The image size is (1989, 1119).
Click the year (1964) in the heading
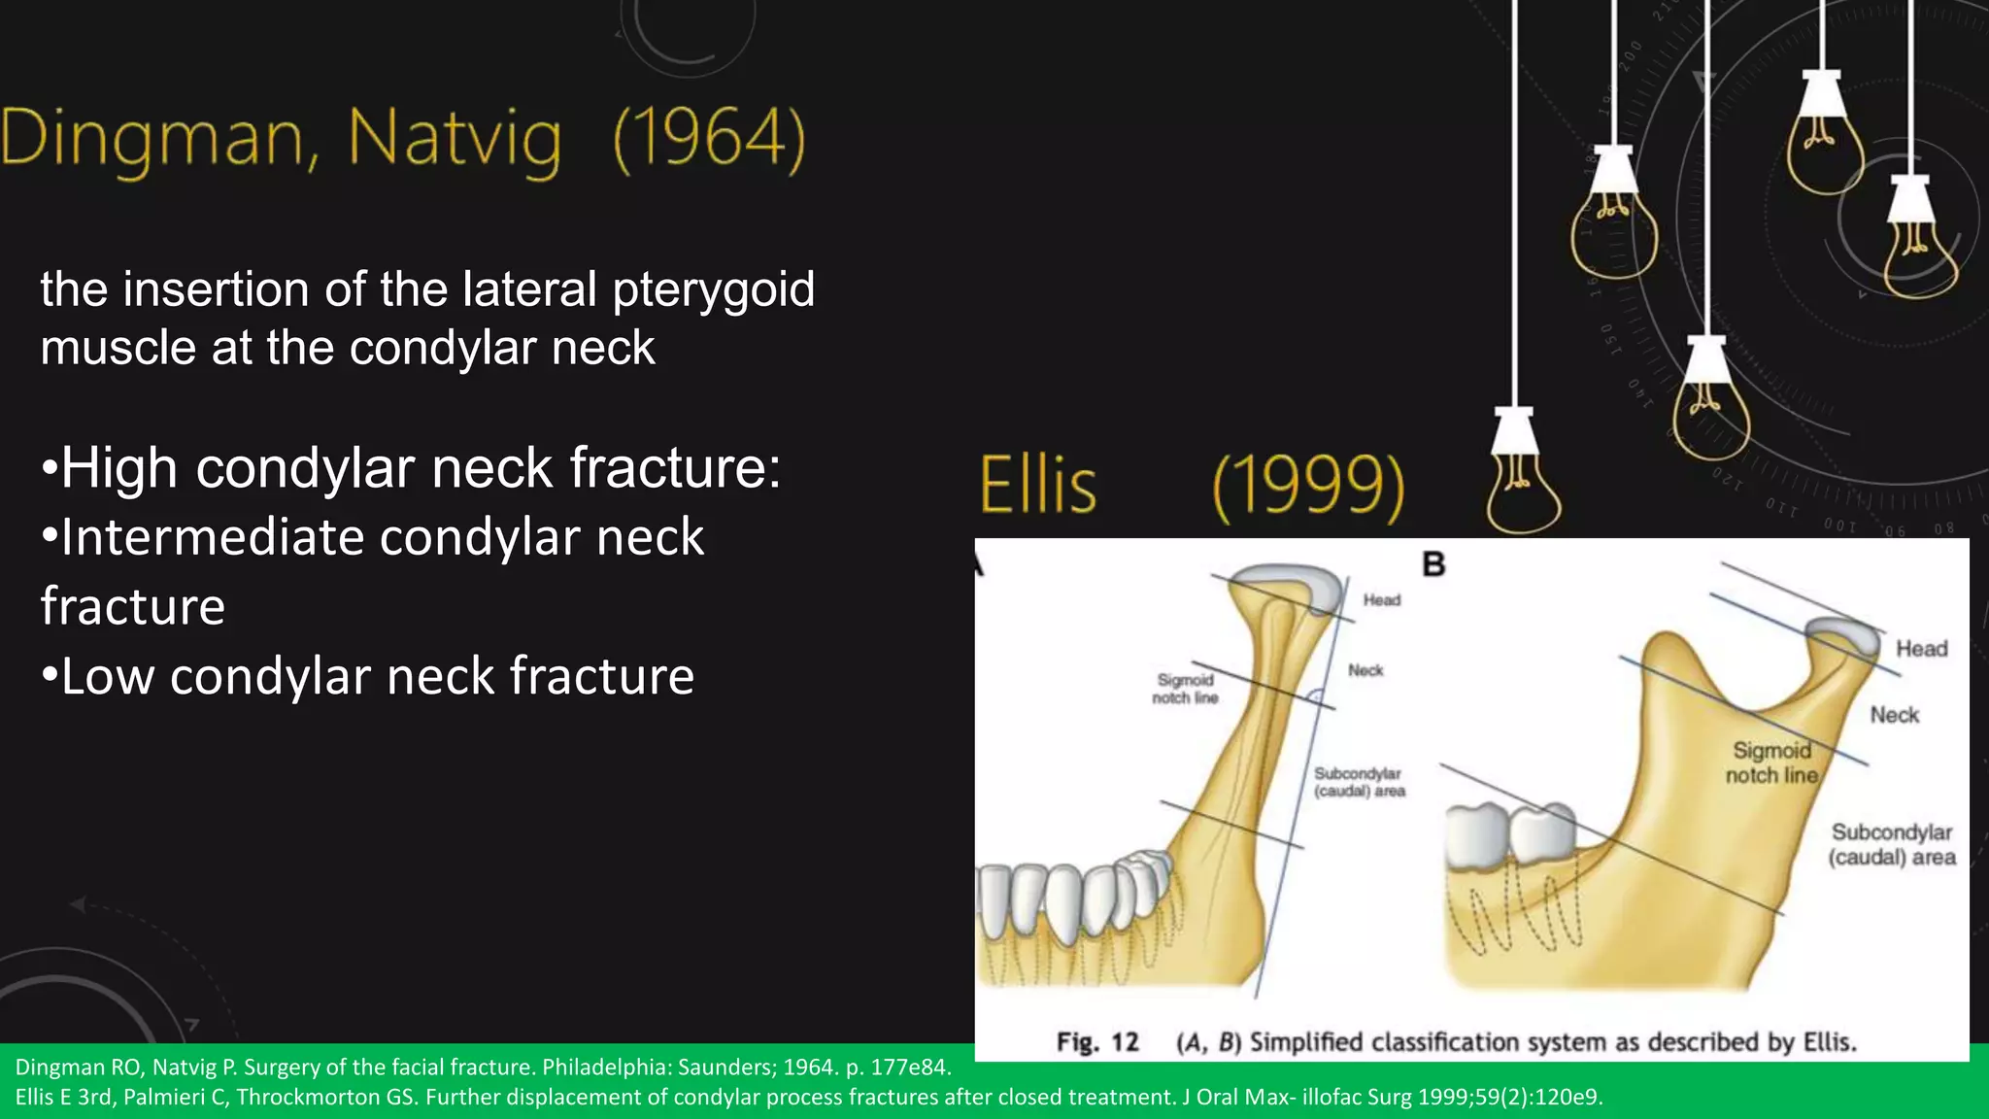coord(709,138)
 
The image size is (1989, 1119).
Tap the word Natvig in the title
coord(454,140)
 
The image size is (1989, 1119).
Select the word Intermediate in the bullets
coord(211,537)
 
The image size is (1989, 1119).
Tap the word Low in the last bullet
coord(107,676)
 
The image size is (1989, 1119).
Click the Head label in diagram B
coord(1921,649)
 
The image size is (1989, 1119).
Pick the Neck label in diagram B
coord(1894,715)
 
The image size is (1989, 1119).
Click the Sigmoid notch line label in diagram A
coord(1185,689)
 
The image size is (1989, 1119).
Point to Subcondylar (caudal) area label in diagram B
coord(1891,845)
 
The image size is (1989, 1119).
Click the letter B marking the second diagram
coord(1433,564)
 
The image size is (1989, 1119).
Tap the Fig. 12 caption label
coord(1096,1042)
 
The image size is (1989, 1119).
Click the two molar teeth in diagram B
coord(1510,833)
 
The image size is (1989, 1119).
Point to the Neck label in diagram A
coord(1365,670)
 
